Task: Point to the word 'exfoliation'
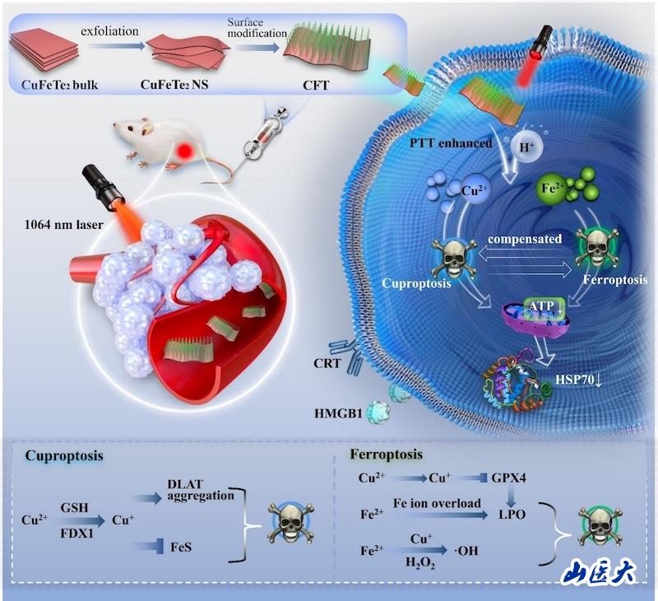109,32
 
